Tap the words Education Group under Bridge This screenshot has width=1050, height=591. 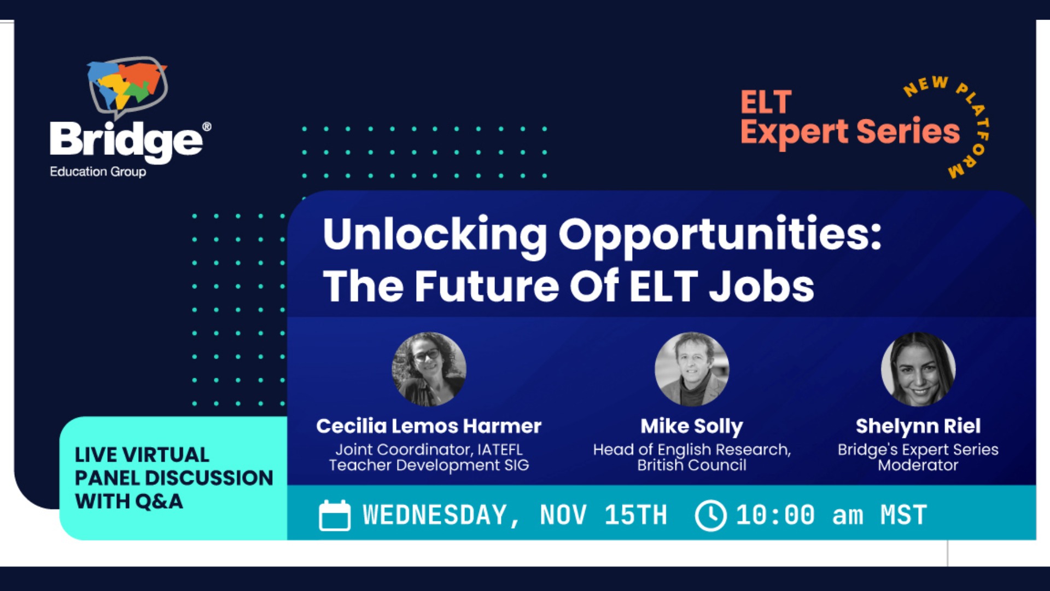point(98,171)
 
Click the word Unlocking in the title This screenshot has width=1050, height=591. point(434,234)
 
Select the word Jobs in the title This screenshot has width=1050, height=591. point(761,286)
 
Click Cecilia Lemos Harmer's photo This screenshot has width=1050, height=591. point(429,369)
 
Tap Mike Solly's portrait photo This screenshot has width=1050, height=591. point(692,369)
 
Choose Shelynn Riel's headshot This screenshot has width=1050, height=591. point(918,369)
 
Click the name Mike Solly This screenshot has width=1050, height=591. point(692,426)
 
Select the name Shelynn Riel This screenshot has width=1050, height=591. point(918,426)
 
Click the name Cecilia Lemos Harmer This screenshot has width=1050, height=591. point(429,426)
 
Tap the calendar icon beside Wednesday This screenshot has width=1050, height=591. point(335,515)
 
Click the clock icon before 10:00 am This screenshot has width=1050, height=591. point(710,515)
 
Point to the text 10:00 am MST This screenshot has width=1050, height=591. point(831,515)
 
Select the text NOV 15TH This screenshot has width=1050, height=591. point(603,515)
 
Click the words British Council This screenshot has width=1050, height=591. point(692,465)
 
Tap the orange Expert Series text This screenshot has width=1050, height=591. point(850,132)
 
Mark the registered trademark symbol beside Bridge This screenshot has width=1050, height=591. point(207,127)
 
